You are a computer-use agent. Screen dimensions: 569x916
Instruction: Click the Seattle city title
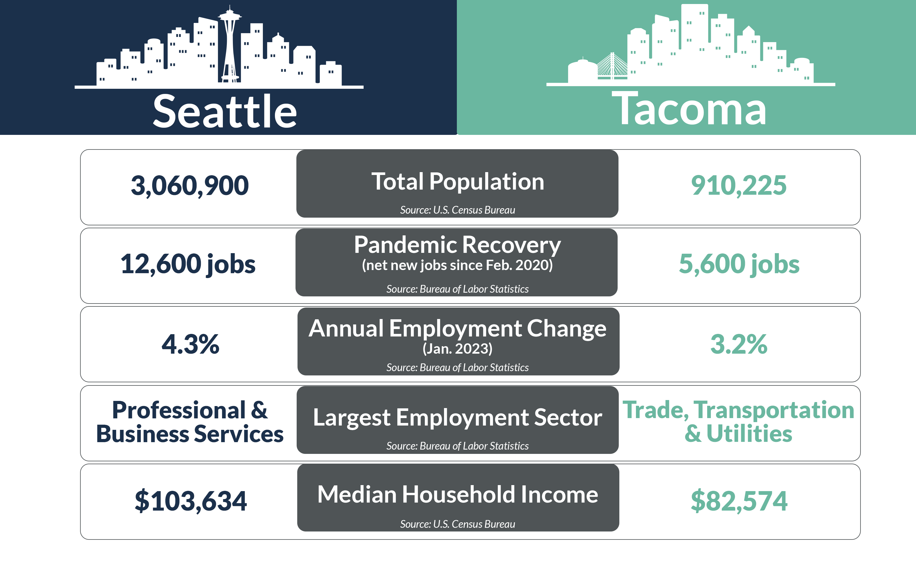(225, 111)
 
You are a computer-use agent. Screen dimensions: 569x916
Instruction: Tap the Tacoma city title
(689, 109)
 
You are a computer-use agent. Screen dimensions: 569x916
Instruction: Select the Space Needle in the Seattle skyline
(229, 45)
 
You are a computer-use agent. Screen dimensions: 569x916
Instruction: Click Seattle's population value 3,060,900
(189, 186)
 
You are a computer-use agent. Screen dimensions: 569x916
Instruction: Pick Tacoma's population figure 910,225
(739, 186)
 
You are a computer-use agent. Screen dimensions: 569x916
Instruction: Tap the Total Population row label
(457, 182)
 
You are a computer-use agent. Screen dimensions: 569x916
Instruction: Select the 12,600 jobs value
(188, 264)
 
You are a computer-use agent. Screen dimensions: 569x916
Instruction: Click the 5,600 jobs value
(739, 264)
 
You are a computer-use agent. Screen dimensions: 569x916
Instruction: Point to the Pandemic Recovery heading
(457, 245)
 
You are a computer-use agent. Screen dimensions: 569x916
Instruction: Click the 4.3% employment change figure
(190, 344)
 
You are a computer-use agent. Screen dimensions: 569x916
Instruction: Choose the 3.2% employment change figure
(739, 344)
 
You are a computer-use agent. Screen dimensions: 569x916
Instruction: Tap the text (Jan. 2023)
(457, 349)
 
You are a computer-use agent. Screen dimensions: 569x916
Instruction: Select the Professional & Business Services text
(190, 422)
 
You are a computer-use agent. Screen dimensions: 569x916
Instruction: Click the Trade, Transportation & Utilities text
(738, 422)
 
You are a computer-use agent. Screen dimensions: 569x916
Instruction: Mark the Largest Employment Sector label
(457, 417)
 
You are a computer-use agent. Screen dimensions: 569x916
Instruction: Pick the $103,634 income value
(191, 501)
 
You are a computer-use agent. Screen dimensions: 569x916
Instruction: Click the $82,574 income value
(739, 501)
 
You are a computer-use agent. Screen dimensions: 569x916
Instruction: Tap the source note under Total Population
(457, 210)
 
